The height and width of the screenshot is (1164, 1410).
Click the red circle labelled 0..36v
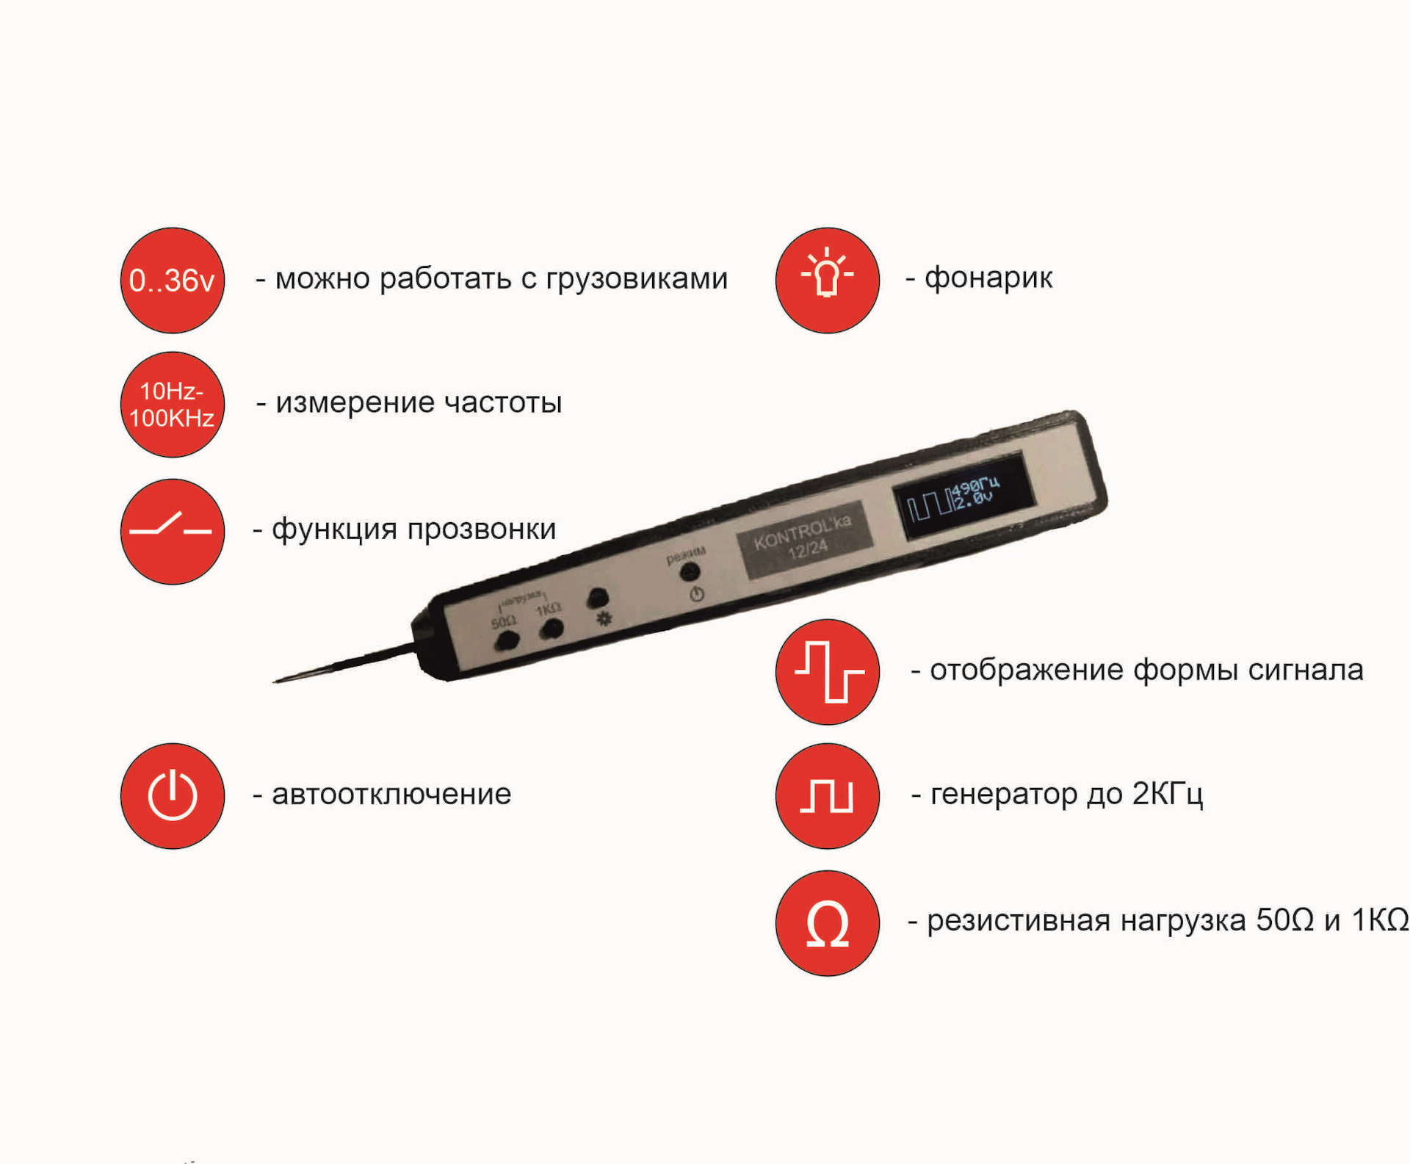click(172, 280)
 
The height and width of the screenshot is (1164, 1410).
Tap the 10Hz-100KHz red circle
click(172, 404)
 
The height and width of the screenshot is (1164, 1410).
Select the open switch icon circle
click(172, 531)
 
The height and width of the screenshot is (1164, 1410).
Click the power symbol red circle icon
click(172, 795)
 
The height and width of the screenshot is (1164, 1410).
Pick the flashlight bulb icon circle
click(827, 280)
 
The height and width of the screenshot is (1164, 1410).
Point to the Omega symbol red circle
click(827, 922)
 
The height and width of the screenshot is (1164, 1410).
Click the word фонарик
click(988, 278)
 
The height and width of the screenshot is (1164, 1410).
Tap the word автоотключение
click(391, 795)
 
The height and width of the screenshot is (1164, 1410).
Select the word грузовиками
click(636, 280)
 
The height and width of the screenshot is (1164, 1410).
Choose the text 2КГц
click(1167, 795)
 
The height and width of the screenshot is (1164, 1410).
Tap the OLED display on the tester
click(961, 495)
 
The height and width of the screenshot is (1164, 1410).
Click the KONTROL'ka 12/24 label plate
click(804, 539)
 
